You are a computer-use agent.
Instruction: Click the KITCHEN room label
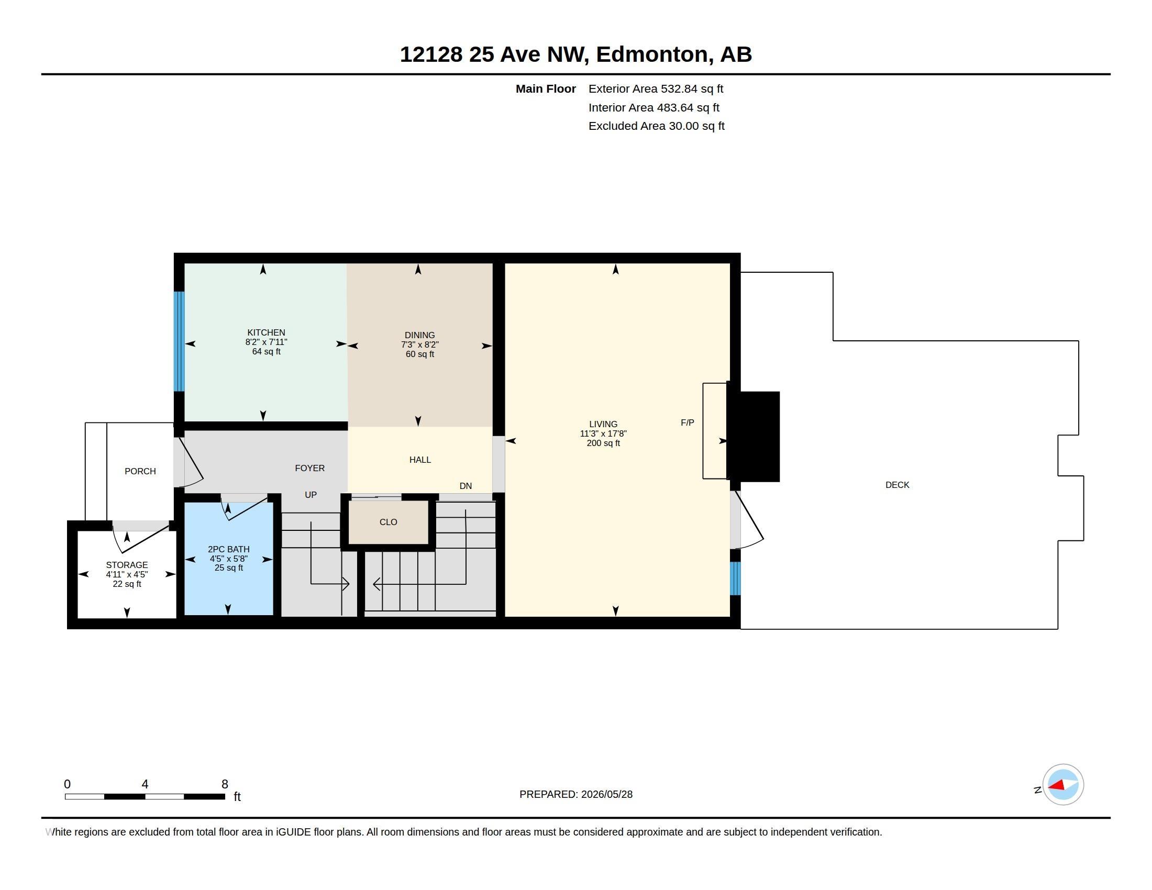coord(266,332)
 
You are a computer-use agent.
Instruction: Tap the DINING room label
coord(420,336)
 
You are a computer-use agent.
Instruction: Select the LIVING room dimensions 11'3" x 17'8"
coord(603,433)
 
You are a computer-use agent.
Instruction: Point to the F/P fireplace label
coord(688,423)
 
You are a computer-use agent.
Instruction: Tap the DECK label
coord(897,485)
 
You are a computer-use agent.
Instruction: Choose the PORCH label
coord(140,471)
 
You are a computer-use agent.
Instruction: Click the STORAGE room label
coord(127,565)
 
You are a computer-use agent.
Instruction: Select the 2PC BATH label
coord(228,549)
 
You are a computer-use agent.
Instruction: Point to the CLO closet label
coord(388,522)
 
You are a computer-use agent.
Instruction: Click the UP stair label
coord(311,495)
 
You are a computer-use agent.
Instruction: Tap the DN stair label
coord(466,486)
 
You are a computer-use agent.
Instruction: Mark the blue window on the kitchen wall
coord(179,342)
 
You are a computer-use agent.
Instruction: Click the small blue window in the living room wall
coord(735,578)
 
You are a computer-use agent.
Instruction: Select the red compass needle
coord(1057,786)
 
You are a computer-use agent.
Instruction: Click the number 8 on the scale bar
coord(225,784)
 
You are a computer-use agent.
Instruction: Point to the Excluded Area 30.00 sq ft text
coord(656,126)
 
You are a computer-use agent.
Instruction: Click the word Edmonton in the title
coord(652,54)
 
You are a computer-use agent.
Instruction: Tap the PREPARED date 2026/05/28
coord(606,794)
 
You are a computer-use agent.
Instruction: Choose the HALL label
coord(420,460)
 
